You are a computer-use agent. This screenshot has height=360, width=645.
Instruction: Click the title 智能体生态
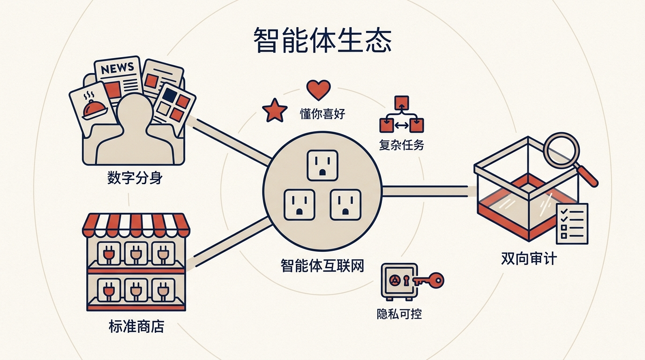[322, 40]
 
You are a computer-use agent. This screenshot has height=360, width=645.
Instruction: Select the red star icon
[274, 111]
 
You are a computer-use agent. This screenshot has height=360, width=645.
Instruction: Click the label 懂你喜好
[322, 114]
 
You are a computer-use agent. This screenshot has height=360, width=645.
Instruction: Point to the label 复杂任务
[401, 144]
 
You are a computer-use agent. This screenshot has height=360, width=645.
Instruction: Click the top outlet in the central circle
[322, 165]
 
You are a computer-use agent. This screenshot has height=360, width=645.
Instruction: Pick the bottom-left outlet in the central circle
[299, 205]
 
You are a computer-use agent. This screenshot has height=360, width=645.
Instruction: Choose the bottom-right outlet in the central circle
[345, 205]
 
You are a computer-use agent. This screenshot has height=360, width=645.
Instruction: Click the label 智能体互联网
[322, 266]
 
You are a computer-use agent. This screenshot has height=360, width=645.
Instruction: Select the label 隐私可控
[399, 314]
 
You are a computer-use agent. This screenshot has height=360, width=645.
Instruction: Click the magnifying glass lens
[561, 150]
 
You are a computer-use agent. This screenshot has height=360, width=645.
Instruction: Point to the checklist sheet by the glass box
[572, 224]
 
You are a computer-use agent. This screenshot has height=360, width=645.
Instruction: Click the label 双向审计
[529, 258]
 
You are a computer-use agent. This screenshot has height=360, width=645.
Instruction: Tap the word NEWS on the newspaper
[118, 68]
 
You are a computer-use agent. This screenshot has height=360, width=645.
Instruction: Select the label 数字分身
[135, 178]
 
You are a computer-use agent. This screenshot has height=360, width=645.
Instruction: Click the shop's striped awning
[136, 225]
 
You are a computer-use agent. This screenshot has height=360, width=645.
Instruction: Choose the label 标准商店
[136, 326]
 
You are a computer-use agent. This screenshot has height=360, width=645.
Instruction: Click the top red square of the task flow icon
[402, 103]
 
